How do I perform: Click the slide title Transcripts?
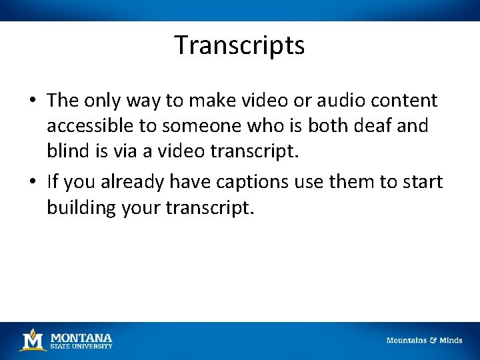(239, 45)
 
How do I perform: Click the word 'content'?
(405, 101)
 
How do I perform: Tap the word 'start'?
(422, 182)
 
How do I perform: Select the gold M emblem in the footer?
(32, 340)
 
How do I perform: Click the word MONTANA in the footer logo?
(81, 337)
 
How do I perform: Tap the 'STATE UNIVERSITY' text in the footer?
(81, 346)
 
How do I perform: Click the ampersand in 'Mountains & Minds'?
(432, 341)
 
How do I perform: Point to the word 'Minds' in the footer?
(451, 341)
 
